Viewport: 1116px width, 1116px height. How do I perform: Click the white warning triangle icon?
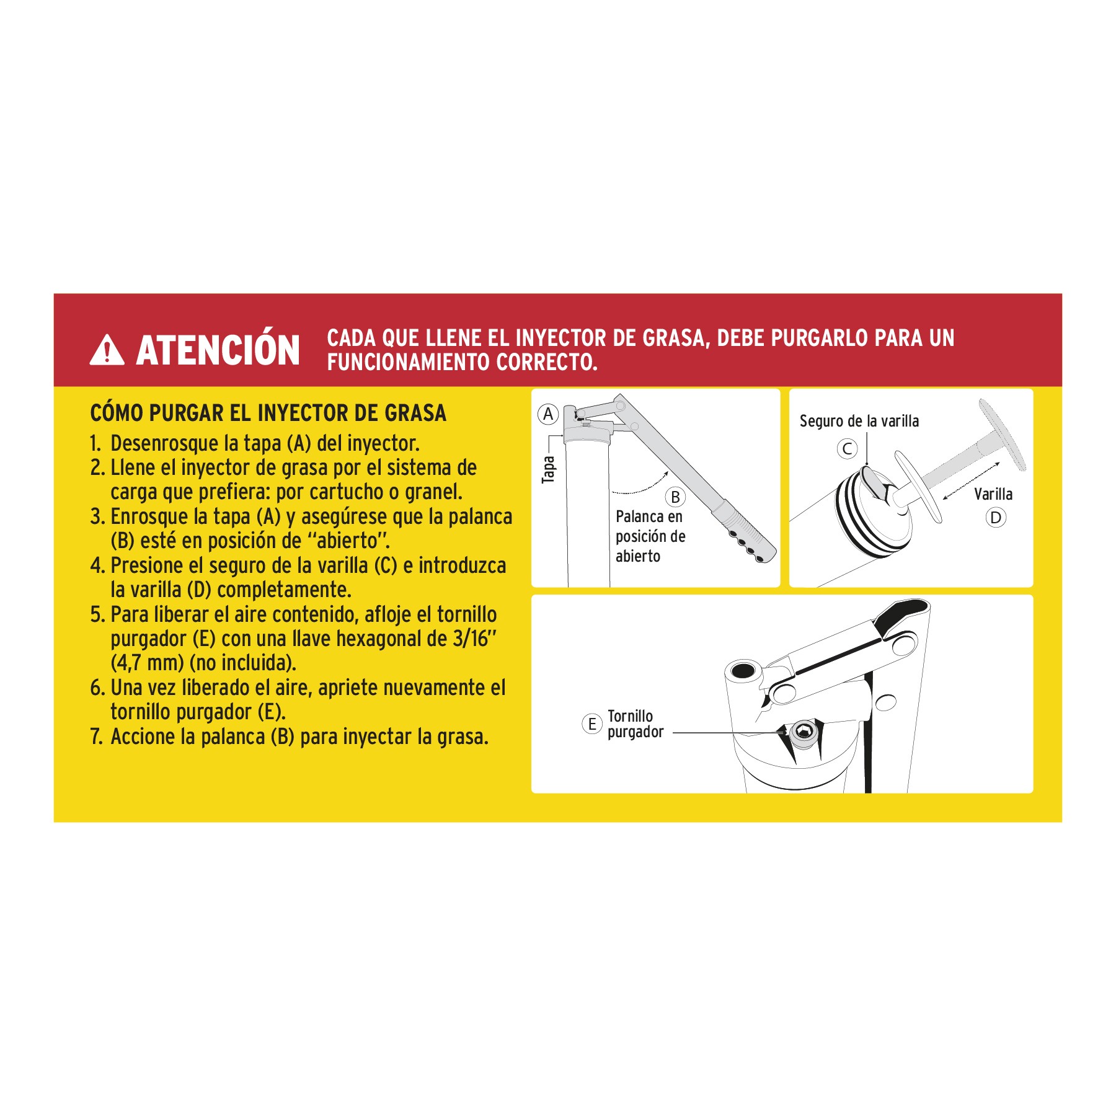[x=107, y=351]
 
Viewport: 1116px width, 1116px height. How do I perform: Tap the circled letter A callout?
[x=548, y=414]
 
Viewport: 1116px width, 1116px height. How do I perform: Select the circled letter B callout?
[x=675, y=497]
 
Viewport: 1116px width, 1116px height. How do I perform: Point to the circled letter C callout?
[x=847, y=448]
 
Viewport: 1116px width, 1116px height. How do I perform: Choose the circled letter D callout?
[x=996, y=517]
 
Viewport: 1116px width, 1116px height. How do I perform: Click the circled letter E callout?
[x=592, y=724]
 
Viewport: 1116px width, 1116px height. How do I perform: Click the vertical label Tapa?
[x=549, y=469]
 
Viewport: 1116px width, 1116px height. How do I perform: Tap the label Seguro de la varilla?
[x=859, y=422]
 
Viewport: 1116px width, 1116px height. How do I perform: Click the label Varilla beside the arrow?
[x=993, y=494]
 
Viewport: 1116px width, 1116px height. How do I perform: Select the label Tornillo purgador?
[x=635, y=724]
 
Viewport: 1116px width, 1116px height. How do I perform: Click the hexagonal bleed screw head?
[x=804, y=732]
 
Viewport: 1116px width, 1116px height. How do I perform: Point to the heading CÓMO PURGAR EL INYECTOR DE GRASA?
[x=268, y=413]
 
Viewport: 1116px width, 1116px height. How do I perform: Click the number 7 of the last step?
[x=95, y=737]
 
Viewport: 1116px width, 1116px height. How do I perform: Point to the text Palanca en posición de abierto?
[x=650, y=536]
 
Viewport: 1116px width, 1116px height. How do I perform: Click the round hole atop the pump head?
[x=743, y=670]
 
